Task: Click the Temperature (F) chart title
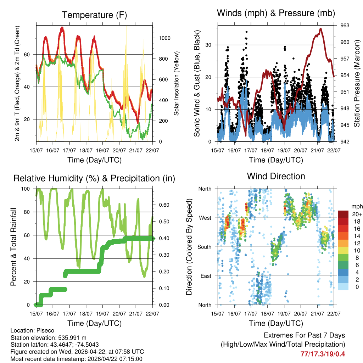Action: click(94, 15)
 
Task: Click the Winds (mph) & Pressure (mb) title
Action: click(276, 13)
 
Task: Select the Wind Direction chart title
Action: click(276, 176)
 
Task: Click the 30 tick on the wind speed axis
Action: click(209, 45)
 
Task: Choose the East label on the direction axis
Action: click(205, 276)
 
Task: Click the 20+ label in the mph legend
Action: click(357, 214)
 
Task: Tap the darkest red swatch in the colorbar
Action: click(343, 214)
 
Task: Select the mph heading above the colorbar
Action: click(356, 206)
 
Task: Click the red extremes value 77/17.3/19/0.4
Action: click(322, 354)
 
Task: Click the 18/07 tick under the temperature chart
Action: click(85, 150)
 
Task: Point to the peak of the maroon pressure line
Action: click(320, 29)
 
